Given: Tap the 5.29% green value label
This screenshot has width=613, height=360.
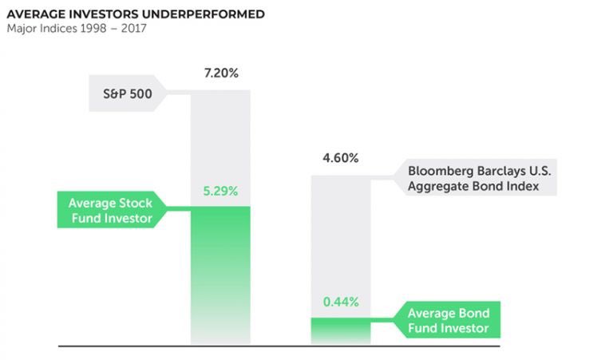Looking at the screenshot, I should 220,192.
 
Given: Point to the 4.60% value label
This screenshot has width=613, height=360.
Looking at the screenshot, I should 341,157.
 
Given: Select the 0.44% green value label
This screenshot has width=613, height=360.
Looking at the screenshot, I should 341,303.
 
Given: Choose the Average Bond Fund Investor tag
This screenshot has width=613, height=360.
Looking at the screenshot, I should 448,320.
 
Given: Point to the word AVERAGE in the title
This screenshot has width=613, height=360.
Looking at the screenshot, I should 37,14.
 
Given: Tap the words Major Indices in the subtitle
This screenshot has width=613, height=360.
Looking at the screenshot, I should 40,30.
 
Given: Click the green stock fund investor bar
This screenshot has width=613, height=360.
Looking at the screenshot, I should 220,271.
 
